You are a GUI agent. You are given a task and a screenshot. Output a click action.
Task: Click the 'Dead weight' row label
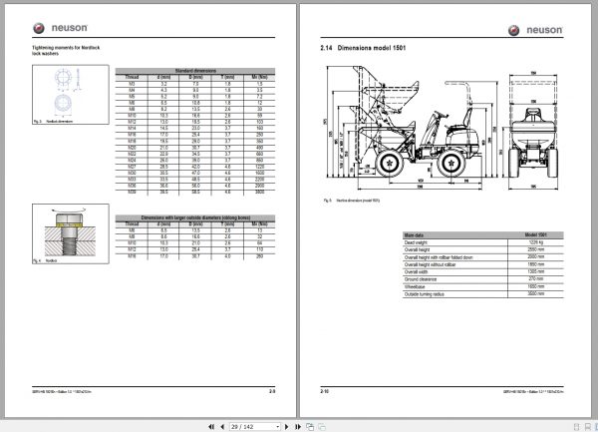click(418, 241)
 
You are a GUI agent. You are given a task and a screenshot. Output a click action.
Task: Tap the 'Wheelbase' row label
click(418, 287)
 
